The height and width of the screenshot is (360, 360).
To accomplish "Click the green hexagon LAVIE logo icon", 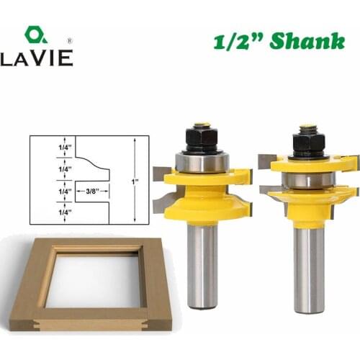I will pyautogui.click(x=36, y=35).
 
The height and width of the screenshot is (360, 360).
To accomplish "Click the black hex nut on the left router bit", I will pyautogui.click(x=203, y=136).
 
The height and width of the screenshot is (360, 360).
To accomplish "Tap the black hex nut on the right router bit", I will pyautogui.click(x=309, y=141).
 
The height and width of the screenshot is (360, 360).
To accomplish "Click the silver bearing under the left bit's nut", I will pyautogui.click(x=203, y=161).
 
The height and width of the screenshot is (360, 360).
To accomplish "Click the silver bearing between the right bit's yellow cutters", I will pyautogui.click(x=308, y=179).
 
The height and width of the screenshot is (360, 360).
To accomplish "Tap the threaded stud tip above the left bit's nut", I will pyautogui.click(x=203, y=125).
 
